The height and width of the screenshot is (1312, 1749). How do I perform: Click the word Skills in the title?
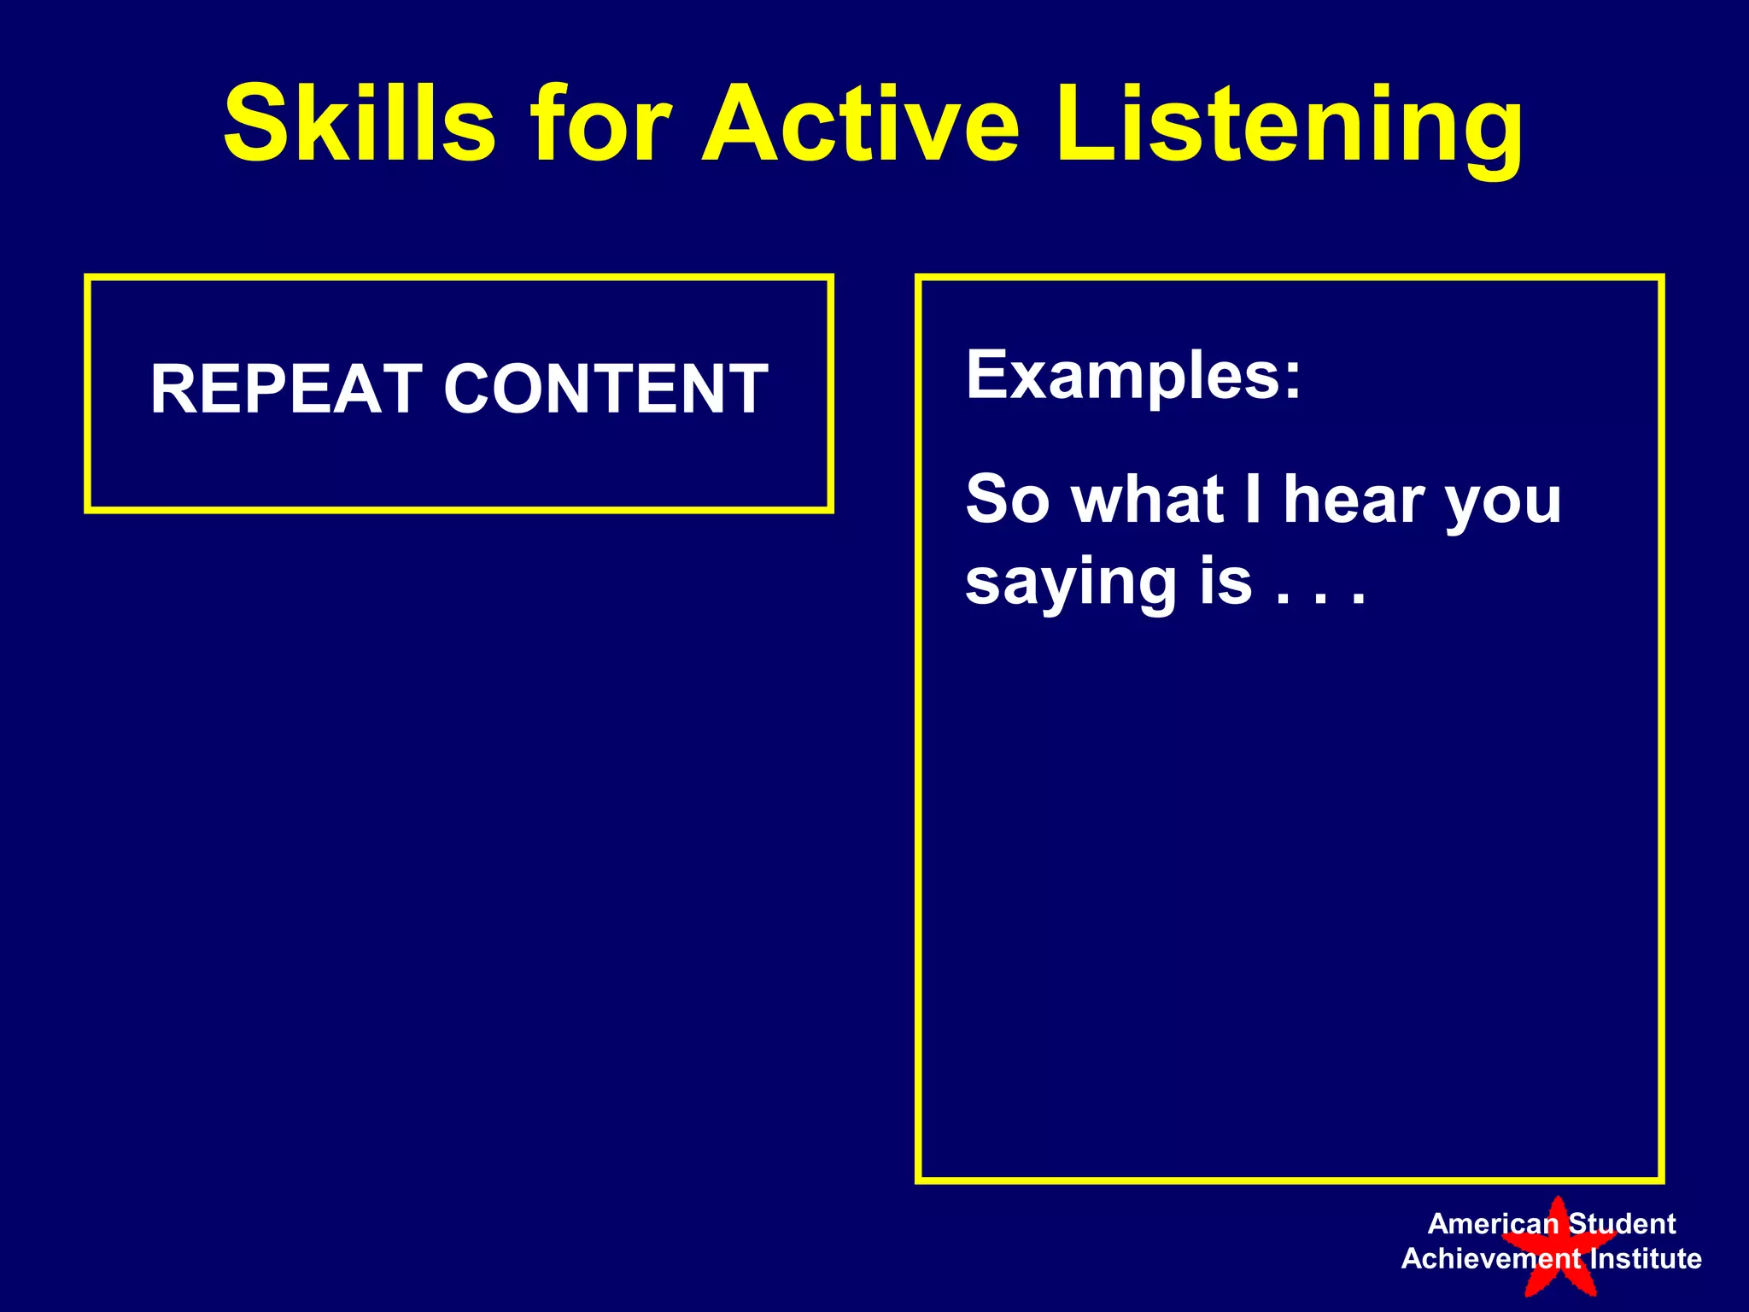[x=359, y=124]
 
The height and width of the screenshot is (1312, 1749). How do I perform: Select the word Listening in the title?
[x=1290, y=128]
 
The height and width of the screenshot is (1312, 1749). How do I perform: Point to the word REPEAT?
[x=286, y=389]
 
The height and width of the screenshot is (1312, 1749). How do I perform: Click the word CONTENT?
[x=605, y=389]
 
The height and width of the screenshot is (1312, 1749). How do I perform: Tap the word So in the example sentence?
[x=1007, y=500]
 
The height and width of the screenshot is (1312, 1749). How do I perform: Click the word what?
[x=1148, y=500]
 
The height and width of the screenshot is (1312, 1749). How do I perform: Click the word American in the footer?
[x=1493, y=1224]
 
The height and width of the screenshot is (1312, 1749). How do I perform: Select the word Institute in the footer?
[x=1645, y=1259]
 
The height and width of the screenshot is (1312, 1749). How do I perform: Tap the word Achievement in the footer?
[x=1491, y=1259]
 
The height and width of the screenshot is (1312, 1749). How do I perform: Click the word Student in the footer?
[x=1622, y=1224]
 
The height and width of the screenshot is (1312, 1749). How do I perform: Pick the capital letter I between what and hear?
[x=1253, y=500]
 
